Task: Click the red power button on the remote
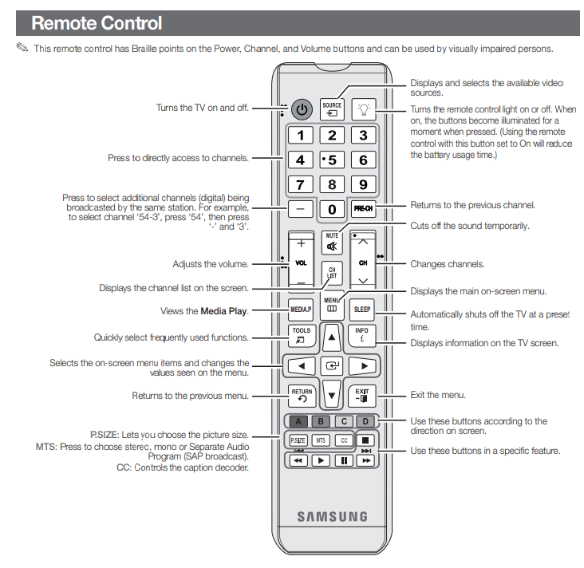(301, 108)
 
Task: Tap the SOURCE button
(332, 109)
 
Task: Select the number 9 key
(363, 185)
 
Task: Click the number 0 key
(332, 210)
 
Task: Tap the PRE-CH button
(363, 210)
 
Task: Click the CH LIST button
(332, 273)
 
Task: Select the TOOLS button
(301, 335)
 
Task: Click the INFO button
(362, 335)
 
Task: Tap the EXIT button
(362, 395)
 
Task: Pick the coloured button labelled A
(298, 421)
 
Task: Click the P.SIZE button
(298, 440)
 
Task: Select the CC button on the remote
(343, 440)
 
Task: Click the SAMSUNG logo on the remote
(332, 516)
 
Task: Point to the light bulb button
(364, 108)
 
